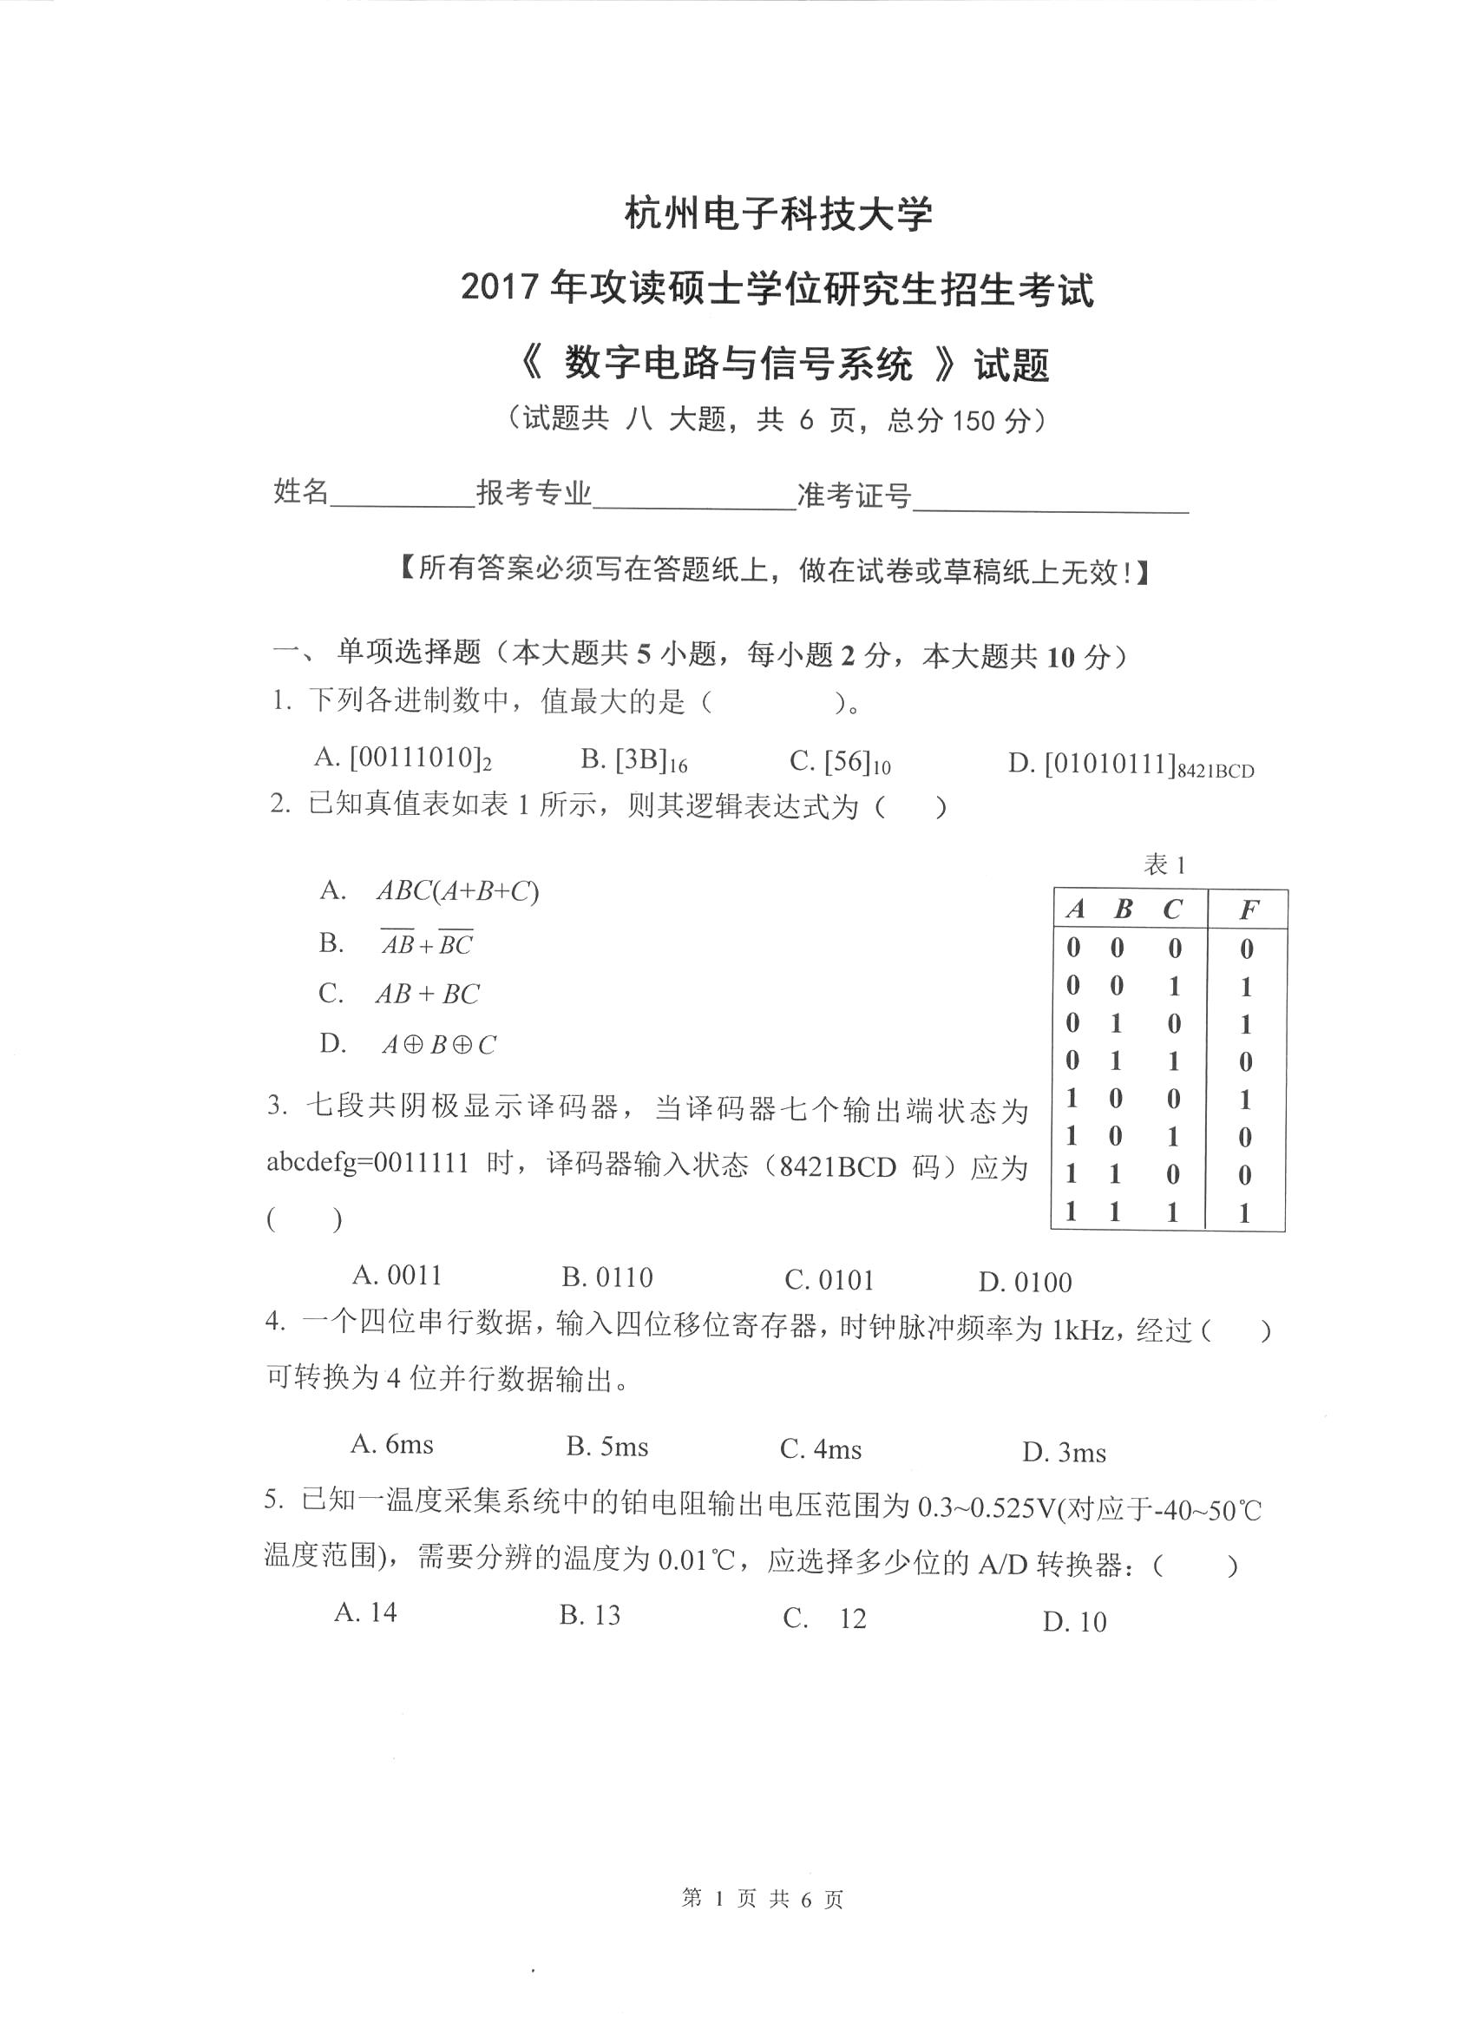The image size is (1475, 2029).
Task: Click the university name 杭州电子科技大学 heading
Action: pos(778,214)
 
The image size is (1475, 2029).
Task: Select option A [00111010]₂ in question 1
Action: pos(403,758)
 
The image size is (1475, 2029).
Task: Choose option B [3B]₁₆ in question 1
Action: pos(633,759)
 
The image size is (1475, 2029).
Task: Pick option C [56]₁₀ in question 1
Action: pos(840,762)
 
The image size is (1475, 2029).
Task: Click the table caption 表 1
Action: pos(1164,864)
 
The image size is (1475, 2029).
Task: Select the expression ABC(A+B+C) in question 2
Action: pos(457,891)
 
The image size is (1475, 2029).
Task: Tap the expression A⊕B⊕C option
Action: pos(438,1045)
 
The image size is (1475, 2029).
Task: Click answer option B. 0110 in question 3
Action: pos(607,1277)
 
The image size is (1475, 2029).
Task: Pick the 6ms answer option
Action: pos(392,1444)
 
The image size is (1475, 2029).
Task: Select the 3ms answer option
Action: pos(1065,1452)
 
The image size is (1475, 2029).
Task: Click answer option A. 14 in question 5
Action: pos(366,1612)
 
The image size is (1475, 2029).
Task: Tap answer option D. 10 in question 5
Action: pos(1074,1621)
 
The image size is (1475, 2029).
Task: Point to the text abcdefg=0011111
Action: pos(368,1162)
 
